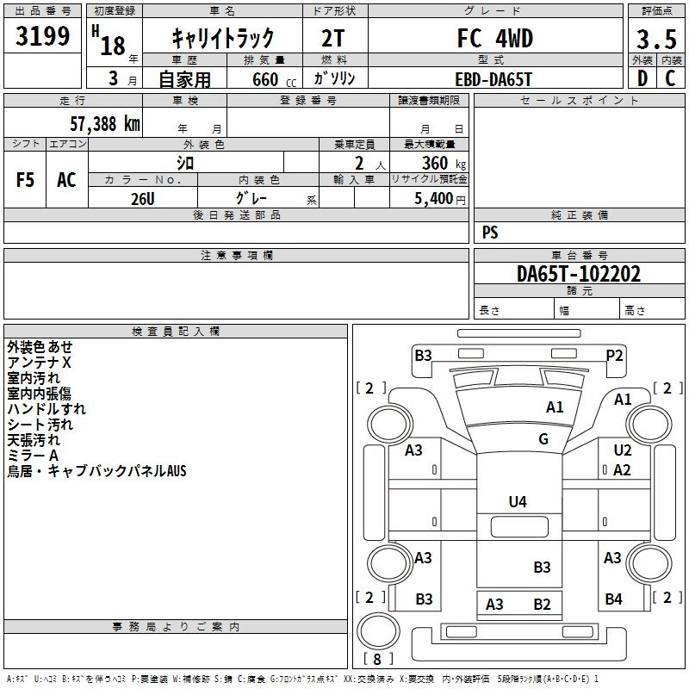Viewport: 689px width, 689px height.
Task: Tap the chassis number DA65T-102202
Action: (579, 274)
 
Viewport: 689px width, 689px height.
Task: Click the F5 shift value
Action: (26, 180)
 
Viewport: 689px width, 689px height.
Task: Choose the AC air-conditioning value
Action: (66, 180)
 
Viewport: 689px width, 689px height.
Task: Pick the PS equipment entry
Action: (490, 233)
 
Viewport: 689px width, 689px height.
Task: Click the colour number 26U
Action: (142, 198)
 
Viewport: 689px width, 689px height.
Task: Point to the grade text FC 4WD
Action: (494, 39)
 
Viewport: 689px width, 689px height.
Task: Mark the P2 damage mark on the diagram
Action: (614, 355)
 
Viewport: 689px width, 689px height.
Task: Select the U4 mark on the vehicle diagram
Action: (518, 501)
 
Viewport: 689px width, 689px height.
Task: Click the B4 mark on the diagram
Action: (613, 599)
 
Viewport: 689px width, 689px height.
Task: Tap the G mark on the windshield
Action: (543, 439)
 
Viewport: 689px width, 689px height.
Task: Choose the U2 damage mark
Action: (622, 450)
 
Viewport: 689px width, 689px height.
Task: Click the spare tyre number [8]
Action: (377, 659)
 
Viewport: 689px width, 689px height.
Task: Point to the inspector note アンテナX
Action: (40, 363)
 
